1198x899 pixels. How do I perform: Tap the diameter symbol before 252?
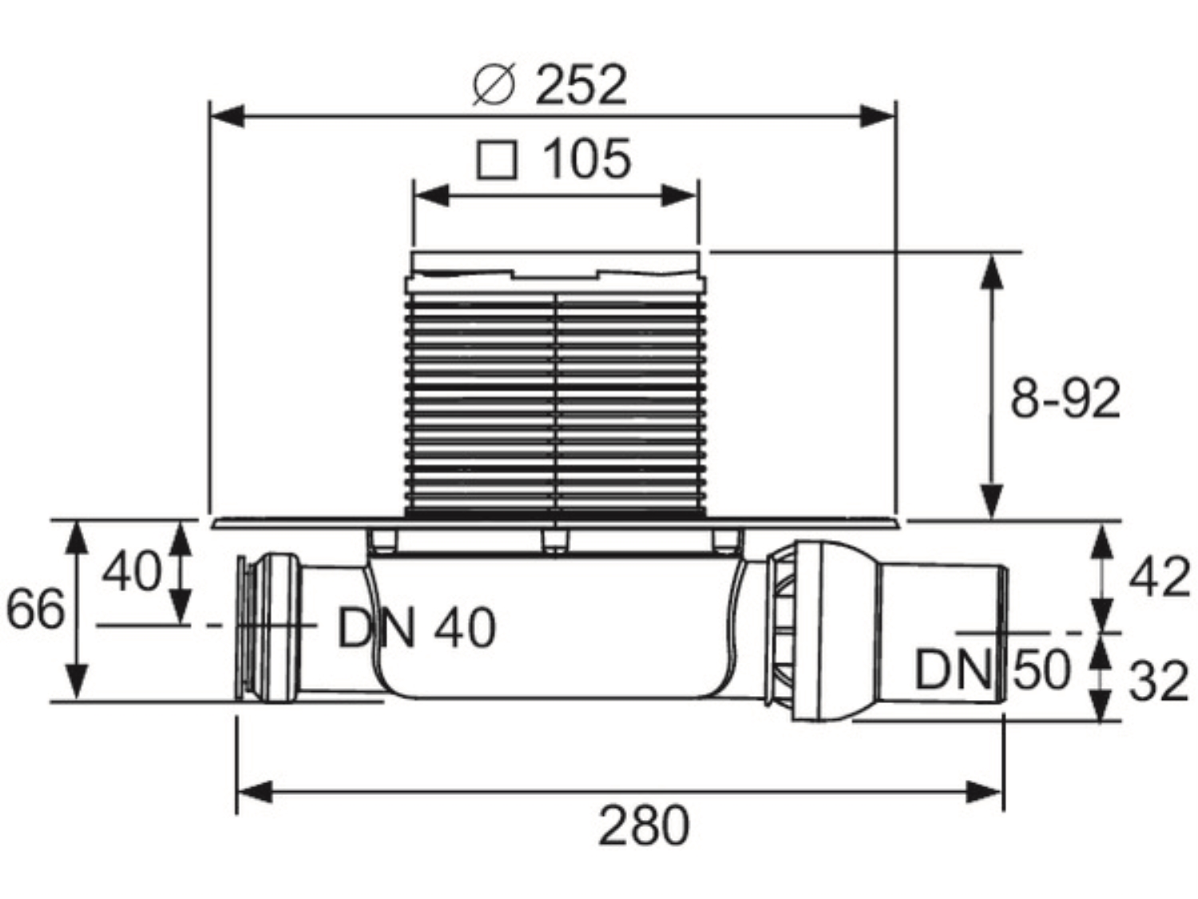coord(494,86)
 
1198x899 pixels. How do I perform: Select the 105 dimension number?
coord(587,159)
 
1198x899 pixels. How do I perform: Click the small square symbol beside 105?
coord(496,160)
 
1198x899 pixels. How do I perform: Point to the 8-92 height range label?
coord(1065,399)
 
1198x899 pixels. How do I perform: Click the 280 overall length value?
coord(645,825)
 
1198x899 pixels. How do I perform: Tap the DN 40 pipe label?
coord(417,628)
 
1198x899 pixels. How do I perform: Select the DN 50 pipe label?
coord(992,670)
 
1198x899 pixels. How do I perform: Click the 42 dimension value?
coord(1158,578)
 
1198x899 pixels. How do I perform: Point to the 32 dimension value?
coord(1158,681)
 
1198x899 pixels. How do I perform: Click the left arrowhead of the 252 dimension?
coord(227,116)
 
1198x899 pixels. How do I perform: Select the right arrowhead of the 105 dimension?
coord(679,196)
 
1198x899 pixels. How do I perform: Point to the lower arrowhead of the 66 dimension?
coord(78,680)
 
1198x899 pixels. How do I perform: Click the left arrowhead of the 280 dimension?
coord(254,792)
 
